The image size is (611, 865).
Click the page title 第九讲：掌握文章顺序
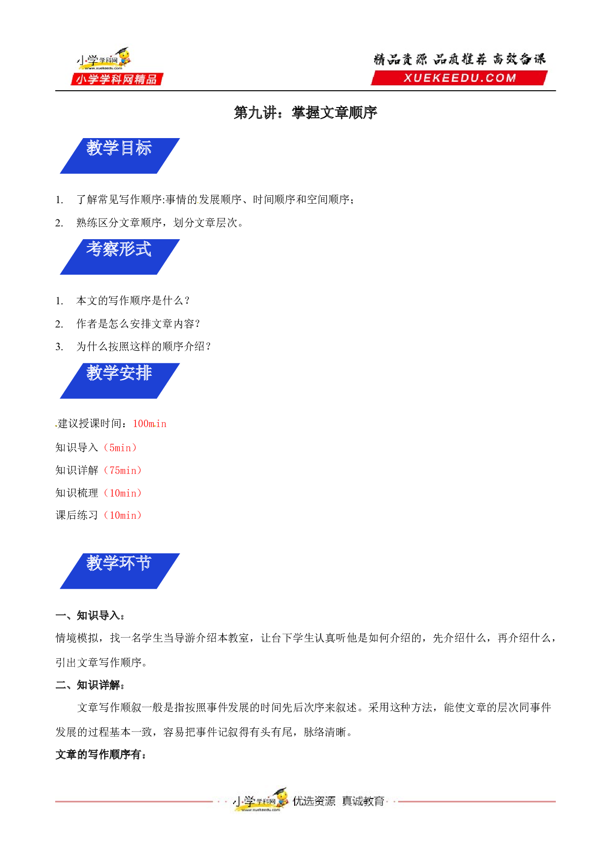(305, 112)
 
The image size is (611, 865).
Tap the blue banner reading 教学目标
(120, 156)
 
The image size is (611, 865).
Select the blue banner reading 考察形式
(120, 257)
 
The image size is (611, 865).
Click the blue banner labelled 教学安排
(120, 381)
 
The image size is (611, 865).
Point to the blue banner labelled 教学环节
(120, 571)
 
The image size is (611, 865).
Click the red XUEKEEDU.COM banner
(459, 78)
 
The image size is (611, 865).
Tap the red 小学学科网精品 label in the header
(117, 79)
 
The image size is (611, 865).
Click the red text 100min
(150, 424)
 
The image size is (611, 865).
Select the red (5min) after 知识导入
(120, 448)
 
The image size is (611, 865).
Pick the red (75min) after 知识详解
(123, 470)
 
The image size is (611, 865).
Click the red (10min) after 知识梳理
(123, 493)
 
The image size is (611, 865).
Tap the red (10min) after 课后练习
(123, 515)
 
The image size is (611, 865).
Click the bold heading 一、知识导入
(90, 615)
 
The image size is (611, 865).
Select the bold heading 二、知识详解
(90, 685)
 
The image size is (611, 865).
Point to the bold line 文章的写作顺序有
(101, 755)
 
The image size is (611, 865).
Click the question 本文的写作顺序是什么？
(133, 301)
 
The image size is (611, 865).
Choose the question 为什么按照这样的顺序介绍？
(144, 347)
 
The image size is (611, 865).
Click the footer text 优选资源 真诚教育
(339, 801)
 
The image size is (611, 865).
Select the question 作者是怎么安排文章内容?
(138, 324)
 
